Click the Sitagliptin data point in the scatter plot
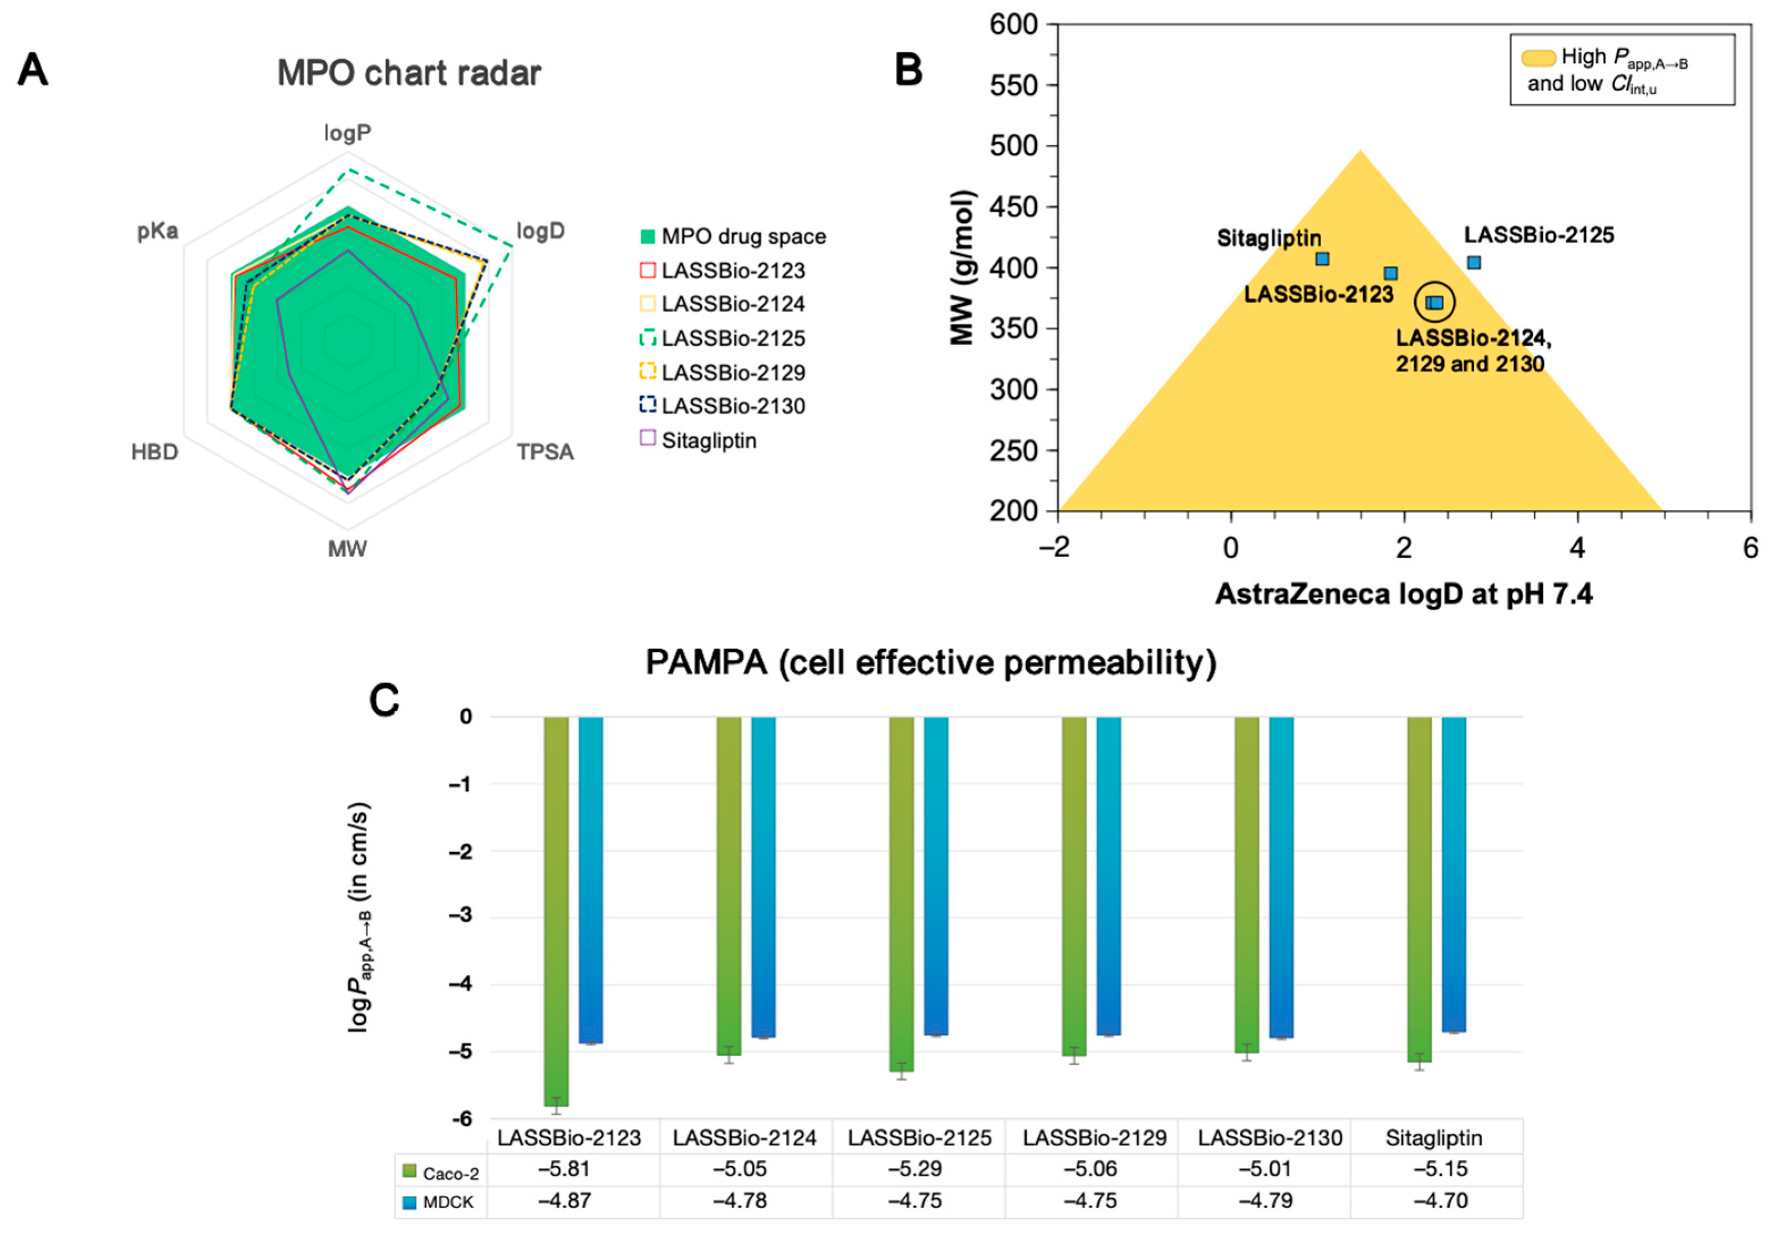[1322, 259]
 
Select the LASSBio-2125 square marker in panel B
[1474, 263]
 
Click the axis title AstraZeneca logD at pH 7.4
[1403, 594]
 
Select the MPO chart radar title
[409, 73]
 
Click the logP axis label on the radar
[348, 133]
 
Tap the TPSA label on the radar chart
[545, 452]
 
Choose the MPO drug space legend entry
[743, 236]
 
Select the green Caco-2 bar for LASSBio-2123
[556, 911]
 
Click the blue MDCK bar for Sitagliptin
[1454, 872]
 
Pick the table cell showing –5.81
[564, 1169]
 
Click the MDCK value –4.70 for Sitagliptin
[1440, 1200]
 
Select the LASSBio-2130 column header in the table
[1270, 1137]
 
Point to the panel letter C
[385, 701]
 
